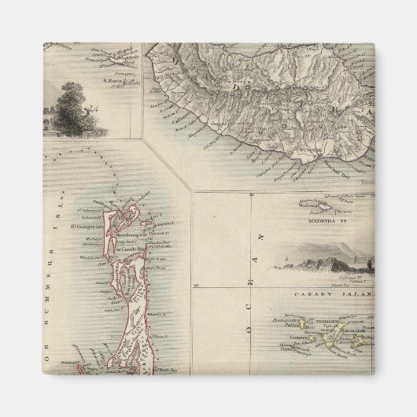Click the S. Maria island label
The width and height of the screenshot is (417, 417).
[x=116, y=79]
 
